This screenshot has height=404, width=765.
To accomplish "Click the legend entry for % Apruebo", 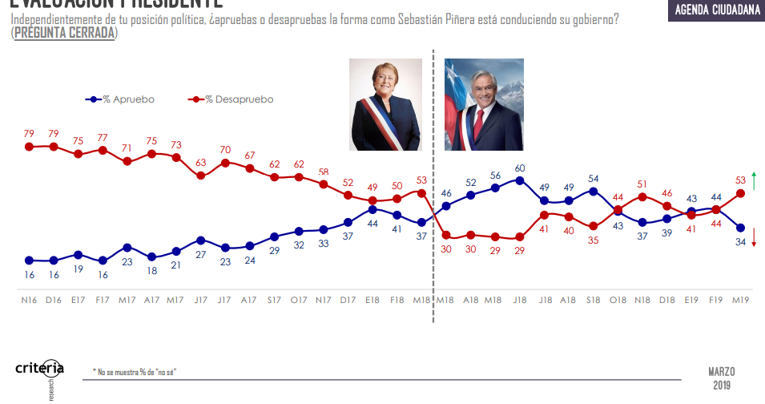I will (120, 99).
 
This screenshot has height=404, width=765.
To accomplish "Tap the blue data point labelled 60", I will (520, 180).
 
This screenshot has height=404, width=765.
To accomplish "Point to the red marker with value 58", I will (324, 184).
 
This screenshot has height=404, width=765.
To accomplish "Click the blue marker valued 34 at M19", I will (741, 228).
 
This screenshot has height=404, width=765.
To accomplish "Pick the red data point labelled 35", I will (594, 226).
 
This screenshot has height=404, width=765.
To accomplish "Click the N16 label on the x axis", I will (29, 300).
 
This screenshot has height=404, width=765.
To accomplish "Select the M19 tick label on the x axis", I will (741, 300).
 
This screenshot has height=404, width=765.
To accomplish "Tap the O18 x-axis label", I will (618, 300).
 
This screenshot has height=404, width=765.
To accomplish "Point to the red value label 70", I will (226, 150).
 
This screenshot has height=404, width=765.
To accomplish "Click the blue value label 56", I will (496, 175).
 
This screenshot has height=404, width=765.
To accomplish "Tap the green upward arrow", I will (754, 181).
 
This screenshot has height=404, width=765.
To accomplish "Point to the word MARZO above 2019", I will (721, 372).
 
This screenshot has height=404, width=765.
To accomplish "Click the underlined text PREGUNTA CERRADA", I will (64, 33).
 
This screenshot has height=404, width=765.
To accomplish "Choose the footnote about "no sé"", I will (135, 373).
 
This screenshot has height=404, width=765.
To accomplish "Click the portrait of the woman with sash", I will (385, 104).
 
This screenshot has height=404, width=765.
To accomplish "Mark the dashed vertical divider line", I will (433, 184).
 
